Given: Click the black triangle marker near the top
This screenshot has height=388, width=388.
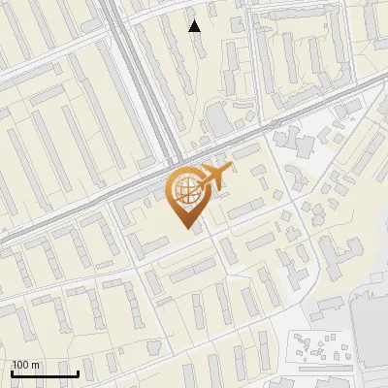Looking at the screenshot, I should click(x=195, y=26).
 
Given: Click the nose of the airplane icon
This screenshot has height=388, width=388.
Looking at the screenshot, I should click(x=227, y=170).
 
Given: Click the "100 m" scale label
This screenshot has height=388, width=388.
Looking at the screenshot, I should click(x=25, y=364).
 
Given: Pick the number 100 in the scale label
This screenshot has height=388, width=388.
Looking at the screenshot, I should click(x=20, y=364).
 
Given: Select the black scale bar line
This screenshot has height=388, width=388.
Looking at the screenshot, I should click(x=45, y=373).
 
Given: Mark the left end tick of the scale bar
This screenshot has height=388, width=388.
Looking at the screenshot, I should click(x=12, y=372).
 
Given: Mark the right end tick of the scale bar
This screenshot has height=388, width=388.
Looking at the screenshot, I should click(x=78, y=372).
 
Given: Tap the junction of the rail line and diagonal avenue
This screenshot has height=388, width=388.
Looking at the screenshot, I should click(x=171, y=160).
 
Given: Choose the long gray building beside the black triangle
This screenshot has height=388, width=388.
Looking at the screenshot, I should click(x=209, y=44).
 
